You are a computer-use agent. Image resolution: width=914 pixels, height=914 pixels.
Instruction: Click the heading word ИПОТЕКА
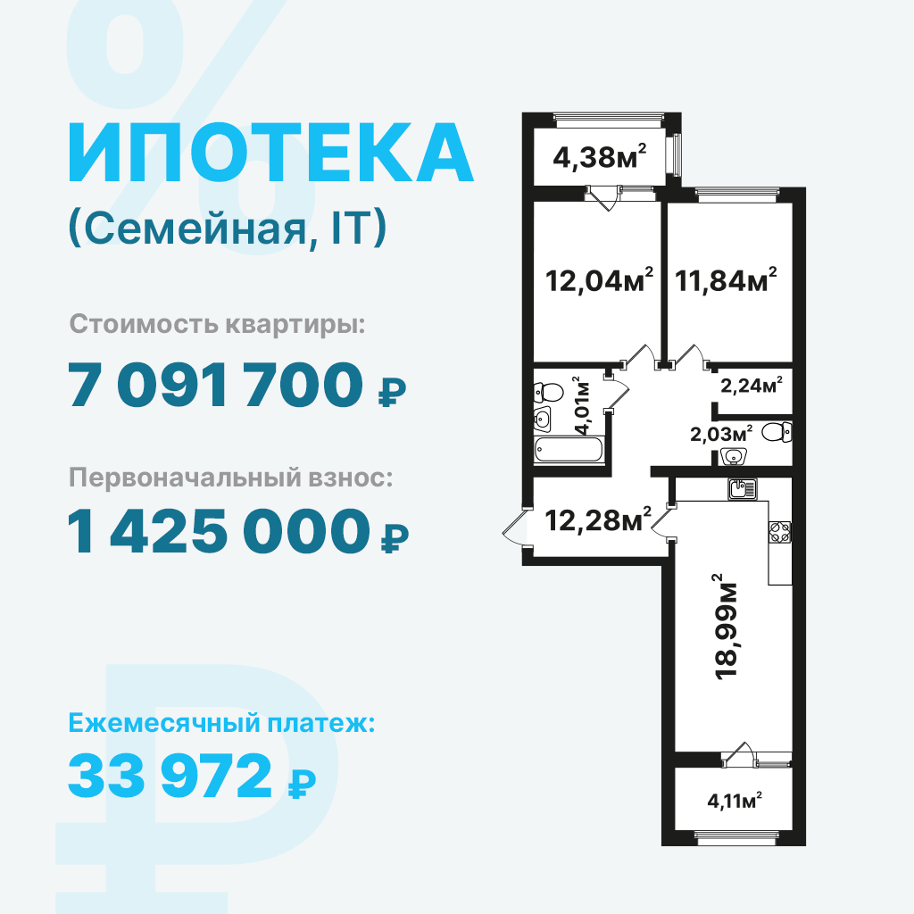271,154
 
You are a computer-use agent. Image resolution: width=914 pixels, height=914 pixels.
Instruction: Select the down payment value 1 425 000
219,531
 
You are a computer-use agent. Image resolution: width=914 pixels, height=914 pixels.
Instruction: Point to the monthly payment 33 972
170,775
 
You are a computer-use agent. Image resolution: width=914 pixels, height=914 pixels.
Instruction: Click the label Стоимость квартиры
218,325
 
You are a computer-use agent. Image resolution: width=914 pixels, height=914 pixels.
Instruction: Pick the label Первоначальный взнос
231,478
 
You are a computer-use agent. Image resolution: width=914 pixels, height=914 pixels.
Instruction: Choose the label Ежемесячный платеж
221,723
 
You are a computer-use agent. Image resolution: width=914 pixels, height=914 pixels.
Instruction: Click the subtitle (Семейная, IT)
228,228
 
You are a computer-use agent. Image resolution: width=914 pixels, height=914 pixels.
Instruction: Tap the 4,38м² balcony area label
600,156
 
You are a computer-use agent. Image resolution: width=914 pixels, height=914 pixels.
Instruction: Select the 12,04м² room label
599,280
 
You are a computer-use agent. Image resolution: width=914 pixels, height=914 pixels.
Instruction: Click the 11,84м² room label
726,280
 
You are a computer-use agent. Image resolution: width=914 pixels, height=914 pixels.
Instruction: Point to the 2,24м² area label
752,385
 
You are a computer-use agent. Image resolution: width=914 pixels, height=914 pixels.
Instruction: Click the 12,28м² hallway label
598,520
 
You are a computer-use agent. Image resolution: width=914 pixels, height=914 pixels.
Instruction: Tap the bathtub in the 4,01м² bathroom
569,450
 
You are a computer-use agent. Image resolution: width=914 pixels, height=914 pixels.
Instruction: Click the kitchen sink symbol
742,488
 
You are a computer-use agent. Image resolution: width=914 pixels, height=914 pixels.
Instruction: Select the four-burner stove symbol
780,532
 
